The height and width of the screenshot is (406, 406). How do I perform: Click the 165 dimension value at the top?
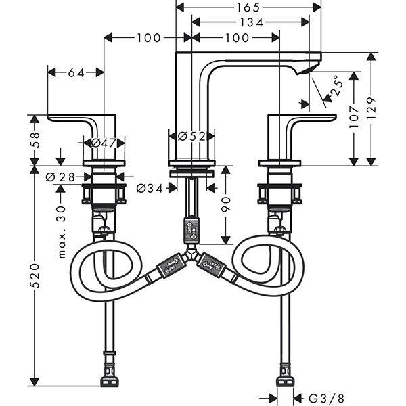tap(248, 7)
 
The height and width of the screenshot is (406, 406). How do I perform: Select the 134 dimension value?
tap(250, 23)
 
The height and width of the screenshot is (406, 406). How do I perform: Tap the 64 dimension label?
tap(76, 72)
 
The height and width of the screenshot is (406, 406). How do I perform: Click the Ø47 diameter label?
tap(104, 142)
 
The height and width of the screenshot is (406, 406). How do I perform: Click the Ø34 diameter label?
tap(150, 188)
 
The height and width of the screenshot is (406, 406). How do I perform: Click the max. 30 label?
tap(61, 233)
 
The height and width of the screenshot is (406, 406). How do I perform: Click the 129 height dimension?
tap(370, 107)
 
